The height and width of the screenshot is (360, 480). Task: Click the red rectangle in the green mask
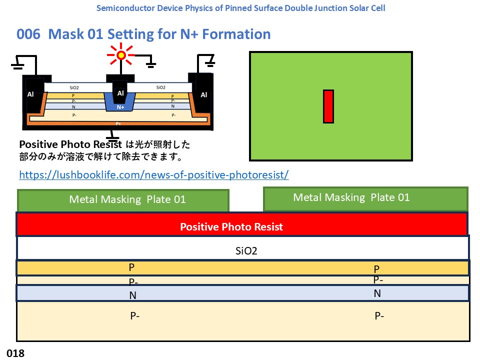pyautogui.click(x=328, y=106)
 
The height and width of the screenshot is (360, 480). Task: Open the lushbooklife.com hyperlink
pyautogui.click(x=154, y=175)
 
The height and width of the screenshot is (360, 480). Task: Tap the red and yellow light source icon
pyautogui.click(x=121, y=55)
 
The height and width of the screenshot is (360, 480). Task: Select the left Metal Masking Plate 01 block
pyautogui.click(x=123, y=200)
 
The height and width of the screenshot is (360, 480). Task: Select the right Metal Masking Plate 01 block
pyautogui.click(x=365, y=198)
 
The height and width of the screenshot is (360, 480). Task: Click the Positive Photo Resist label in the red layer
pyautogui.click(x=231, y=227)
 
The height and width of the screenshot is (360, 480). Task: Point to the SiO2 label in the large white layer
pyautogui.click(x=246, y=251)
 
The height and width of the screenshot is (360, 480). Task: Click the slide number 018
pyautogui.click(x=15, y=353)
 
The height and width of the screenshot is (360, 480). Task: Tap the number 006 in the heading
pyautogui.click(x=28, y=34)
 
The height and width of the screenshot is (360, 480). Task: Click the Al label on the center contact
pyautogui.click(x=120, y=93)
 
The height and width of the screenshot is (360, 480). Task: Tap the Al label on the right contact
pyautogui.click(x=204, y=95)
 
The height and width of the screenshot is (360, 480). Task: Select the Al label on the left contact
pyautogui.click(x=30, y=94)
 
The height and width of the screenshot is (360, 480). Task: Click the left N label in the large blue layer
pyautogui.click(x=132, y=295)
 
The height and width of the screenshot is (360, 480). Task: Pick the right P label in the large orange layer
pyautogui.click(x=376, y=269)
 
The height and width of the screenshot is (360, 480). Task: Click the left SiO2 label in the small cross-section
pyautogui.click(x=74, y=87)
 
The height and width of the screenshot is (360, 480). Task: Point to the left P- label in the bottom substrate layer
pyautogui.click(x=134, y=315)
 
